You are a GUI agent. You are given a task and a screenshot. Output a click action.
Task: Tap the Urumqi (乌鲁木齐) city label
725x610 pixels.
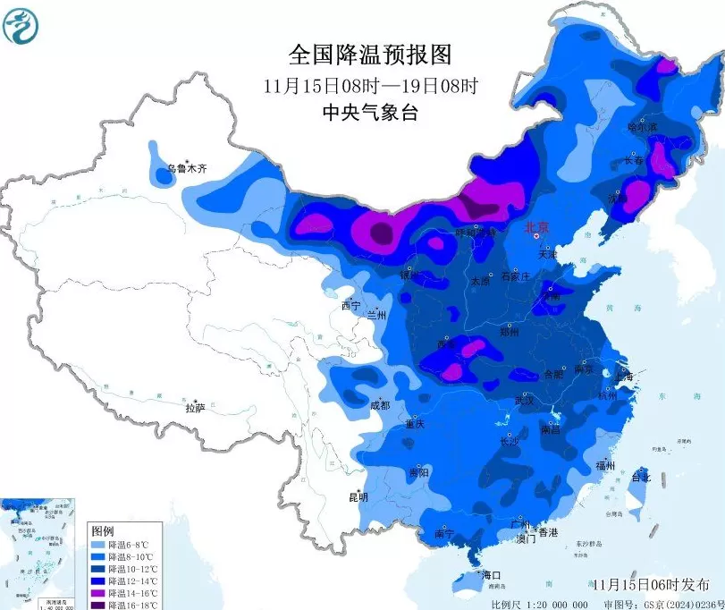(188, 168)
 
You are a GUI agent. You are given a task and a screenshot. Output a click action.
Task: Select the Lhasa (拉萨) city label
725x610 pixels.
(195, 408)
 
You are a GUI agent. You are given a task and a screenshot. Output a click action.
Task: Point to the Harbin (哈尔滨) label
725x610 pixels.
(642, 129)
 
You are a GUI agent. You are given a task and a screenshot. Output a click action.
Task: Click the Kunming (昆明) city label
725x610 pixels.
(358, 497)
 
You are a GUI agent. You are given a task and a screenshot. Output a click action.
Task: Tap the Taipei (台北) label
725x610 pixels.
(641, 477)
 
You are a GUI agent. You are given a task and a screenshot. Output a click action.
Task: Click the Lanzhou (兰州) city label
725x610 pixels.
(375, 315)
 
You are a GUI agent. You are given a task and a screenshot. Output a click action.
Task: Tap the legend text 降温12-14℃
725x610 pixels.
(131, 580)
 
